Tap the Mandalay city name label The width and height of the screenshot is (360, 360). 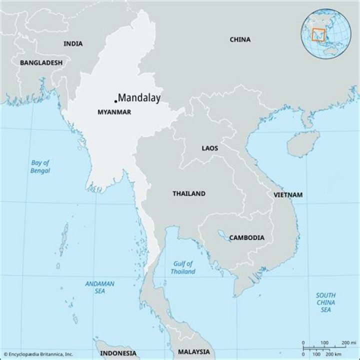tap(139, 98)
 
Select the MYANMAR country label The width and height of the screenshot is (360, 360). tap(114, 112)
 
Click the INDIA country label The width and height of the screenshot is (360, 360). tap(73, 43)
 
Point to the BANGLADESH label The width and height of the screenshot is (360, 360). tap(41, 62)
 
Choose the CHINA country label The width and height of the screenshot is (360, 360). tap(240, 39)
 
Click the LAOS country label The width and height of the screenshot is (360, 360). tap(209, 148)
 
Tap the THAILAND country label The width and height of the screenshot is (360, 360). tap(188, 193)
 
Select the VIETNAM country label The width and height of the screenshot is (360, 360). tap(287, 194)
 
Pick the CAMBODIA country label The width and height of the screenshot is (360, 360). tap(246, 237)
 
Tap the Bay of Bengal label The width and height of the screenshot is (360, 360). tap(40, 166)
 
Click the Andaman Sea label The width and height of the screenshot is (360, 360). tap(99, 287)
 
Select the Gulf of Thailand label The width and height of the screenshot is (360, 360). tap(183, 267)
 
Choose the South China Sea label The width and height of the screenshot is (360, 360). tap(325, 302)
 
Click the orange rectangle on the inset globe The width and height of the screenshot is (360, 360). tap(318, 34)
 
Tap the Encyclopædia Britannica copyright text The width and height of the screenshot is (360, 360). tap(38, 354)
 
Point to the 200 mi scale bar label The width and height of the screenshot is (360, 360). tap(345, 342)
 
